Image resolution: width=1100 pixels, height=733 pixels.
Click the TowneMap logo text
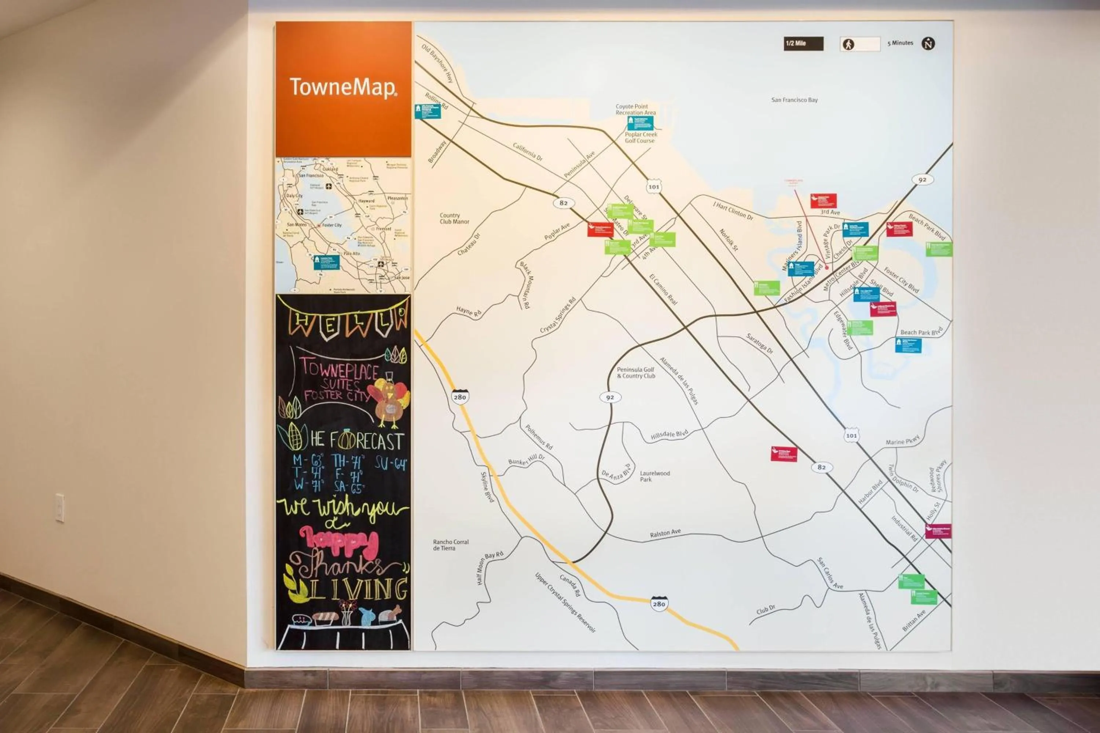[x=343, y=88]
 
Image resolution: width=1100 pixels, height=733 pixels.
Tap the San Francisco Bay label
[x=794, y=100]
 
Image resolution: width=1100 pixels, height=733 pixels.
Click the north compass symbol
[x=928, y=44]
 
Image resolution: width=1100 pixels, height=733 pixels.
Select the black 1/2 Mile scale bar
[x=803, y=44]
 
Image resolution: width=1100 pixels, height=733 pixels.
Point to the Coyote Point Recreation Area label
[x=635, y=109]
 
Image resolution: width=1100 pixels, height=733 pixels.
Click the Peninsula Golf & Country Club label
[x=635, y=373]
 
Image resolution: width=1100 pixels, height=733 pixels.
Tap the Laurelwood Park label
[x=654, y=476]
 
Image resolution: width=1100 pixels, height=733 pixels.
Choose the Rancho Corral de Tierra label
[x=450, y=545]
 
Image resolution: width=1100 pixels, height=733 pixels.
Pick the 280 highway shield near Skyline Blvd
[x=460, y=397]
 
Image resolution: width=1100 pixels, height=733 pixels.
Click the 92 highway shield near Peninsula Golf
[x=610, y=397]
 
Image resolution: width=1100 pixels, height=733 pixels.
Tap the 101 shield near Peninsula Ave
[x=653, y=187]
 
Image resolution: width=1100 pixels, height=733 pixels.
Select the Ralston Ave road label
[x=665, y=533]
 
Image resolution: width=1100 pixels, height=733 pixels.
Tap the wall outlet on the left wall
[x=60, y=508]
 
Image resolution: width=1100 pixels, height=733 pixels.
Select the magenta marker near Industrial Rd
[x=938, y=531]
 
